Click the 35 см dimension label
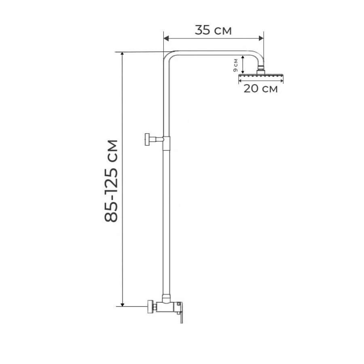click(x=213, y=30)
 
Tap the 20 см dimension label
click(x=260, y=89)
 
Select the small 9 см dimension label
click(x=236, y=65)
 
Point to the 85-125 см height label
click(x=111, y=181)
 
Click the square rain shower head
click(x=261, y=76)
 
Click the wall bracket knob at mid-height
click(x=147, y=139)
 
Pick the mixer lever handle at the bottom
click(x=180, y=312)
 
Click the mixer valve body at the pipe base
click(x=167, y=307)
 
